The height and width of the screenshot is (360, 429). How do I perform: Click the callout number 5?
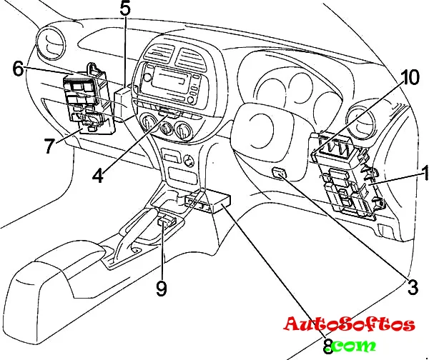tap(125, 10)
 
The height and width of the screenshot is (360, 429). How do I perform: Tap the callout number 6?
tap(18, 69)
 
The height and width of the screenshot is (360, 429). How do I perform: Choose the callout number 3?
tap(411, 288)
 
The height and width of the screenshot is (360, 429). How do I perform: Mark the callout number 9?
tap(162, 288)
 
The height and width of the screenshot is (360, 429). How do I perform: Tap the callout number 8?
tap(328, 346)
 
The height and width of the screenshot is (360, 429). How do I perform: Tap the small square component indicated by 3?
tap(281, 174)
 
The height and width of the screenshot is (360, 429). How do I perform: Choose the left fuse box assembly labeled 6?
tap(87, 102)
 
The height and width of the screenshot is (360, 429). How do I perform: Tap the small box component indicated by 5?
tap(124, 99)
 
